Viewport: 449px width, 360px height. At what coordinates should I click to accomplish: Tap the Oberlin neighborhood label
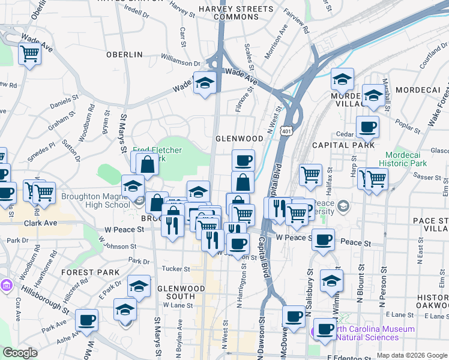124,55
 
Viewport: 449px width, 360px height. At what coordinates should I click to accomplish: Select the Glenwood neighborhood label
240,139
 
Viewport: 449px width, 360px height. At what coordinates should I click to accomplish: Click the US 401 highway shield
286,131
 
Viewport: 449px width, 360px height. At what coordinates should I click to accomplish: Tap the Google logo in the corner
20,353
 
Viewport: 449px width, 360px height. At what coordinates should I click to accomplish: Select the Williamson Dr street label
181,62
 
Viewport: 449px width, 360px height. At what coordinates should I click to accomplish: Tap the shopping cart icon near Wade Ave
29,55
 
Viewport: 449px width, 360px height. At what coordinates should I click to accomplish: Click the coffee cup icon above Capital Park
367,127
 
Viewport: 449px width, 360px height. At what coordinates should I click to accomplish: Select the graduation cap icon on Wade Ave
204,83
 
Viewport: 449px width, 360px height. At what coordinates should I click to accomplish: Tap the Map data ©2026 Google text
412,355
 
